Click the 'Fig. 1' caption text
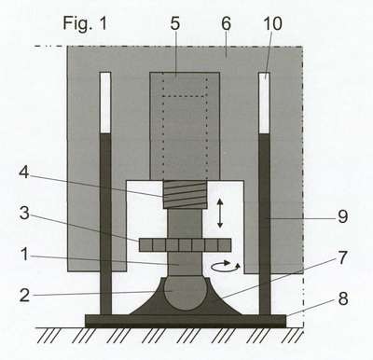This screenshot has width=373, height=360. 85,23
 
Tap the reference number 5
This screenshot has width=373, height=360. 175,23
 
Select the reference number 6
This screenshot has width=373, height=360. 227,23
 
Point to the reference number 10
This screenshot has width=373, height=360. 272,23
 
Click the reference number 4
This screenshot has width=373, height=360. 24,172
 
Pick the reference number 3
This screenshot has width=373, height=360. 24,214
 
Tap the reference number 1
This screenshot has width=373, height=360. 24,255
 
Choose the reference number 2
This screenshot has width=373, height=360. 24,295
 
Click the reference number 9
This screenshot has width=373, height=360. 342,216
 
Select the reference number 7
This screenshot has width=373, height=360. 342,257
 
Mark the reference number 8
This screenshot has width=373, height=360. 343,298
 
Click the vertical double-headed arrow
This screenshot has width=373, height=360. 220,214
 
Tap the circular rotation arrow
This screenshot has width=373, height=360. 226,267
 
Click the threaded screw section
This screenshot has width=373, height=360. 185,195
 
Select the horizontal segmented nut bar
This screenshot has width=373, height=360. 185,245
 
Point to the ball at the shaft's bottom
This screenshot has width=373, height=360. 185,292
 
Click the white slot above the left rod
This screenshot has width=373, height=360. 105,103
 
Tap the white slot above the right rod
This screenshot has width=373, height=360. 265,103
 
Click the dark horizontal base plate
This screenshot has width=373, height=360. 186,321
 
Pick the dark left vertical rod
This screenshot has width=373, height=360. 105,224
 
